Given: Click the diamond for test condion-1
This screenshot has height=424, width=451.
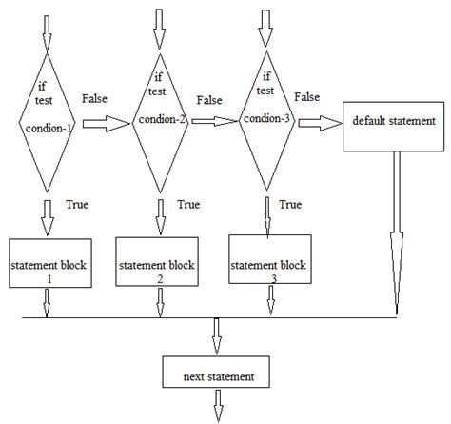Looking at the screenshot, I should [x=45, y=121].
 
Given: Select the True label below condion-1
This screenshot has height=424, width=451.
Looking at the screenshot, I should [x=78, y=204].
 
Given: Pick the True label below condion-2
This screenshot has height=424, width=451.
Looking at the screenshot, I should [x=188, y=204].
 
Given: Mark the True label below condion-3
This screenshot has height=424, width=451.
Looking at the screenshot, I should [x=290, y=204].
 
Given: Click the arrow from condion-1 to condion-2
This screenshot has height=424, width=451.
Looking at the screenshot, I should [x=106, y=122].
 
